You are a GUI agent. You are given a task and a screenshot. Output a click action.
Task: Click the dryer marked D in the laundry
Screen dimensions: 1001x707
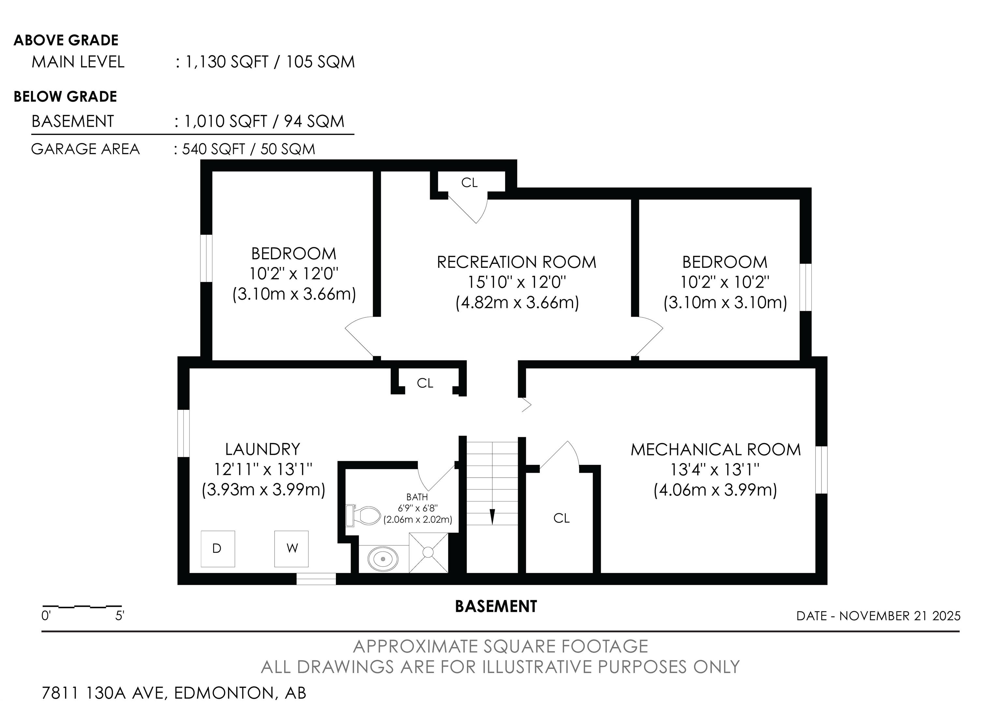218,548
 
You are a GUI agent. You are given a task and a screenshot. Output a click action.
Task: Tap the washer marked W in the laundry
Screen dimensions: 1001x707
291,548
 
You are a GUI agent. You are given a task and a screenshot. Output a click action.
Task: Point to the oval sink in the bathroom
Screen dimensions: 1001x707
383,558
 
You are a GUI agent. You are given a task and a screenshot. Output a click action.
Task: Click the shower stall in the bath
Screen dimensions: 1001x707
428,552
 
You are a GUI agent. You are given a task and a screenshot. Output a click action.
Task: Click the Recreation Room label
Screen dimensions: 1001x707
517,262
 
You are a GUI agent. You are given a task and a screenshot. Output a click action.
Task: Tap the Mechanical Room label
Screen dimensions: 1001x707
716,449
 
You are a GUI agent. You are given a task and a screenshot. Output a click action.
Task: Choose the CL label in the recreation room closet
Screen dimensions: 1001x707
470,183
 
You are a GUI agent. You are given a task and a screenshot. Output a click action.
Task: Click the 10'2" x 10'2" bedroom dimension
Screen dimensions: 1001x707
725,282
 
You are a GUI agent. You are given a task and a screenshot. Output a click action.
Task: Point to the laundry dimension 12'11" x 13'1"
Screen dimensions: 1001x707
263,469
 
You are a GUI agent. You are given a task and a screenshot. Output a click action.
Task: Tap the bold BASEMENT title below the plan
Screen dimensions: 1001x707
496,606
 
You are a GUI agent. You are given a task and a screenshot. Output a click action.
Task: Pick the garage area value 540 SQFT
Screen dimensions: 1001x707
214,149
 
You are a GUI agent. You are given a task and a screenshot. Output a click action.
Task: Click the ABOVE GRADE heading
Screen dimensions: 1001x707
66,40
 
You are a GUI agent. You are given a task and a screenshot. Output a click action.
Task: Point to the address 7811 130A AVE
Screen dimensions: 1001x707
105,693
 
